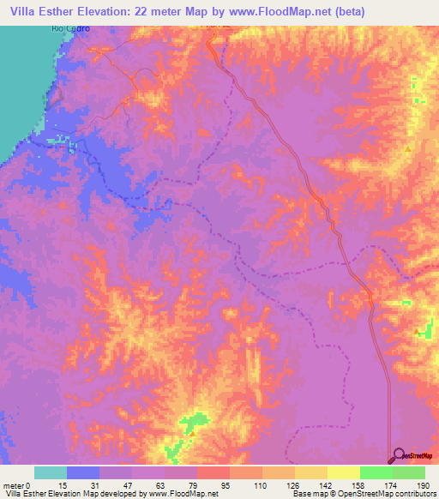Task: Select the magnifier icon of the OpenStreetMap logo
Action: point(397,455)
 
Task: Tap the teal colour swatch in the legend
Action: point(51,472)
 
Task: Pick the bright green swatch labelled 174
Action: point(376,472)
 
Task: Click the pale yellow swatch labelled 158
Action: point(343,472)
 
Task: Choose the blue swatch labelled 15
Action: point(83,472)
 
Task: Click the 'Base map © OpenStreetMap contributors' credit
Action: point(364,493)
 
